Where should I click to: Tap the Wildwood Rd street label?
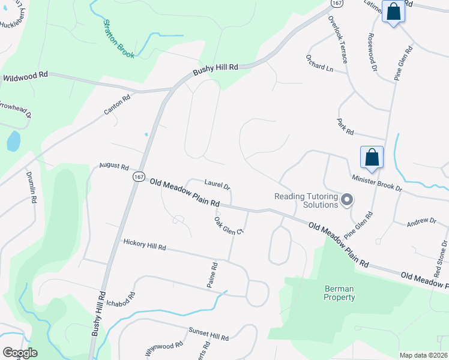pos(25,77)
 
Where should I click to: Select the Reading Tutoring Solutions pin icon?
pos(347,200)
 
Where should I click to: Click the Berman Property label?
pos(339,292)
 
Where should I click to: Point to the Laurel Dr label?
pos(217,185)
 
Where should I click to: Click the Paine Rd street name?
pos(211,274)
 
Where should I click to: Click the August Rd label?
pos(114,166)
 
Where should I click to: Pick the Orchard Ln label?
pos(319,67)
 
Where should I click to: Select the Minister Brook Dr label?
pos(376,183)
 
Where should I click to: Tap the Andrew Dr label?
pos(421,221)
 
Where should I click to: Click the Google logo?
pos(20,353)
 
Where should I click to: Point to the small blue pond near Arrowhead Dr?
pos(13,142)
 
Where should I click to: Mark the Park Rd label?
pos(345,127)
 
